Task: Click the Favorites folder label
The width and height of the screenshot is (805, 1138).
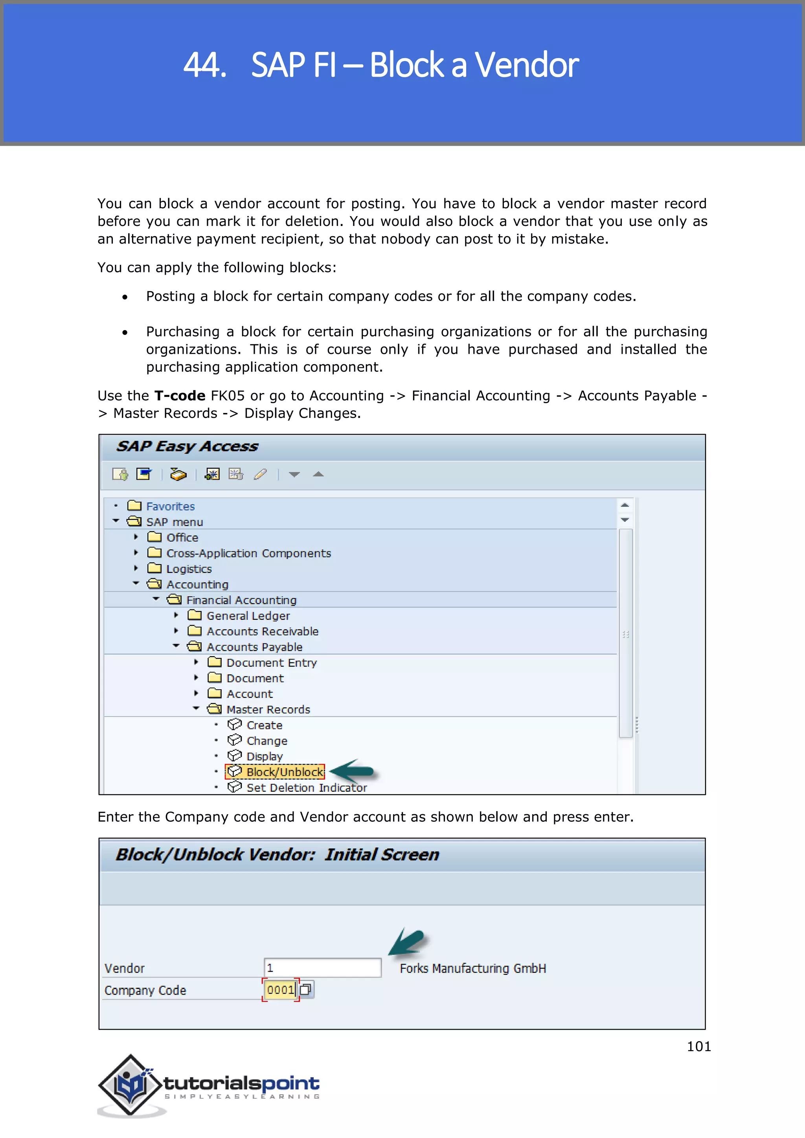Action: [x=170, y=506]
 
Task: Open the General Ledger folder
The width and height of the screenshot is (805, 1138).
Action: [x=248, y=616]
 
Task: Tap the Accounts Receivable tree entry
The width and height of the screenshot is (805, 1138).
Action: [x=262, y=631]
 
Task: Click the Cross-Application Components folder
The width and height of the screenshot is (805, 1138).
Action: [x=248, y=553]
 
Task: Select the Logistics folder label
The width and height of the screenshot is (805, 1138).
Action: [x=189, y=569]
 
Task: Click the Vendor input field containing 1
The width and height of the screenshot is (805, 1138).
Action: [x=322, y=967]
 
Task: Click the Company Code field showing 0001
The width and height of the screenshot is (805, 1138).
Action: [x=281, y=990]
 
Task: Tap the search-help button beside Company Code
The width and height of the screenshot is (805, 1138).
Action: [x=306, y=990]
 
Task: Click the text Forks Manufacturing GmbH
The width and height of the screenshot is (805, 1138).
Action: [x=472, y=969]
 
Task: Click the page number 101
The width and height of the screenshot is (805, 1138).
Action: [x=698, y=1046]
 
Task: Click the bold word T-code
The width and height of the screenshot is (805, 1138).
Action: [x=180, y=396]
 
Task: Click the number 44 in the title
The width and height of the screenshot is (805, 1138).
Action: [x=204, y=65]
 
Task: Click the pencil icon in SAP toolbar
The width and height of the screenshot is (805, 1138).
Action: [x=260, y=474]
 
